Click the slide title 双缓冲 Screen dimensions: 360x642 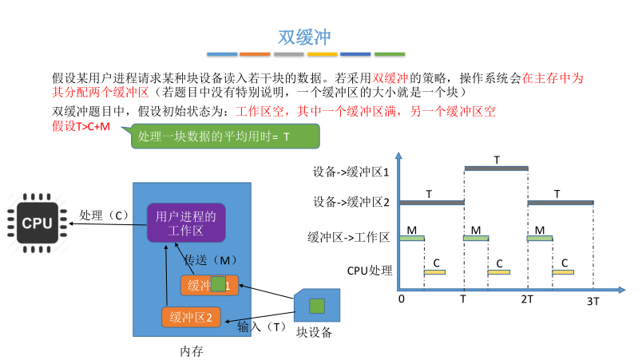[x=304, y=37]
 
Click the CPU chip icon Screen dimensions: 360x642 [x=37, y=222]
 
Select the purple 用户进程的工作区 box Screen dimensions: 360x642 [x=187, y=223]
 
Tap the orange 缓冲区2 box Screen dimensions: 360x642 [x=190, y=317]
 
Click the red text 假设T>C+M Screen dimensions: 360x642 [x=81, y=127]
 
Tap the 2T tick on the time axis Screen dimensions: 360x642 [x=527, y=299]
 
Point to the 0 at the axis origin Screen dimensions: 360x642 [x=401, y=299]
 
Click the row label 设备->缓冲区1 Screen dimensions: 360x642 [x=351, y=171]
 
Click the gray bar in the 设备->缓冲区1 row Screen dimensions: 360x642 [x=496, y=168]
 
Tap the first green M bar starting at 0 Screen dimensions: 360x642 [x=412, y=238]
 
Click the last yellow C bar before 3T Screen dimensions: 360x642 [x=563, y=272]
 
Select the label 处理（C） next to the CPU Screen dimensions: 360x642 [x=105, y=216]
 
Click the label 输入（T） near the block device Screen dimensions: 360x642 [x=261, y=326]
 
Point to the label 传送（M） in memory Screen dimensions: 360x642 [x=211, y=260]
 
